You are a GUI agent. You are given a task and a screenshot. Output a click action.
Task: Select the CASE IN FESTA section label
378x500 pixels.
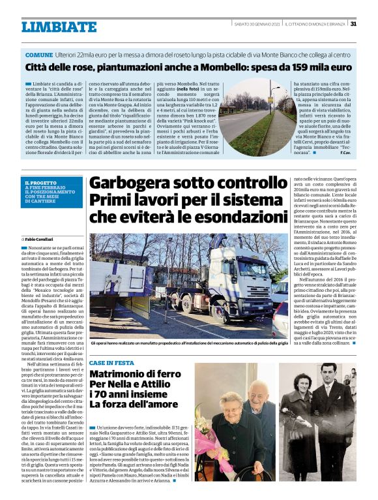pyautogui.click(x=111, y=362)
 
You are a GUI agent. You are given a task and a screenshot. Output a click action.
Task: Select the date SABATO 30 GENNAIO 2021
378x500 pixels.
pyautogui.click(x=257, y=24)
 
